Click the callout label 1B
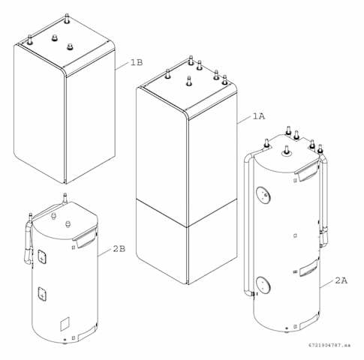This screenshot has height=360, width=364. point(137,62)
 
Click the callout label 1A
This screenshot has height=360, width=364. point(259,116)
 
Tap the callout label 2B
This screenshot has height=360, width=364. point(119,249)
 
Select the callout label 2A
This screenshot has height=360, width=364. point(341,280)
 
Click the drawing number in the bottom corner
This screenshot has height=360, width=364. point(329,345)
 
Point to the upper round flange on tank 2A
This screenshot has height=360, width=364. point(263,195)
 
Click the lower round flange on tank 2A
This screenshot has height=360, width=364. point(263,285)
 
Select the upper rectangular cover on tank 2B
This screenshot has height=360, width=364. point(42,256)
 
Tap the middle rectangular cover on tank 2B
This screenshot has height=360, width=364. point(42,293)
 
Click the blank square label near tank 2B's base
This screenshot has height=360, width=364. point(65,324)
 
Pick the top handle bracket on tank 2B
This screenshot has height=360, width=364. point(84,238)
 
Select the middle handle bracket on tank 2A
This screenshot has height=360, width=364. point(309,268)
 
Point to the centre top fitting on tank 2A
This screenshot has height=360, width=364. point(286,151)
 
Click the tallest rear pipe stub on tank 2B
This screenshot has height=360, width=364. point(65,198)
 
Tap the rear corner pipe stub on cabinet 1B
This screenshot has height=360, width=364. point(67,19)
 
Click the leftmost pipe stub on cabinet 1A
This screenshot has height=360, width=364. point(168,74)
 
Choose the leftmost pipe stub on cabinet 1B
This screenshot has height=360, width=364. point(30,40)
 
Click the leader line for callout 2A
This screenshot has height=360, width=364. point(327,283)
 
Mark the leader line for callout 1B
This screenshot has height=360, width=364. point(122,66)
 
